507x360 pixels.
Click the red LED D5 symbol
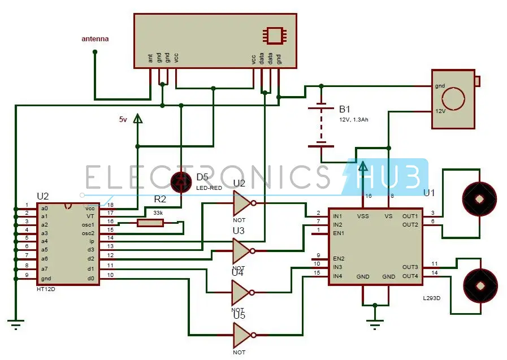(181, 181)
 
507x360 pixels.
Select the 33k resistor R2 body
(150, 223)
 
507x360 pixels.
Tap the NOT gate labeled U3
(242, 250)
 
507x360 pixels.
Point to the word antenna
(95, 39)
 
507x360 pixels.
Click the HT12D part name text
(45, 289)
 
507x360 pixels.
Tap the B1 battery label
(345, 109)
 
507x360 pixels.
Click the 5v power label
(123, 119)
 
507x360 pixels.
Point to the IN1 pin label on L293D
(338, 216)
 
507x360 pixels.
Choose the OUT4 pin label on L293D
(410, 276)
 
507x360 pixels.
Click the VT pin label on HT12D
(90, 216)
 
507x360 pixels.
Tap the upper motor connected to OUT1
(479, 199)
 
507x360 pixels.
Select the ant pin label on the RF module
(150, 58)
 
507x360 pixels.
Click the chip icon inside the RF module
(274, 34)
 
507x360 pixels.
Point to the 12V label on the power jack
(440, 111)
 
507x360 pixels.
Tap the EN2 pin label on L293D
(338, 258)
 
